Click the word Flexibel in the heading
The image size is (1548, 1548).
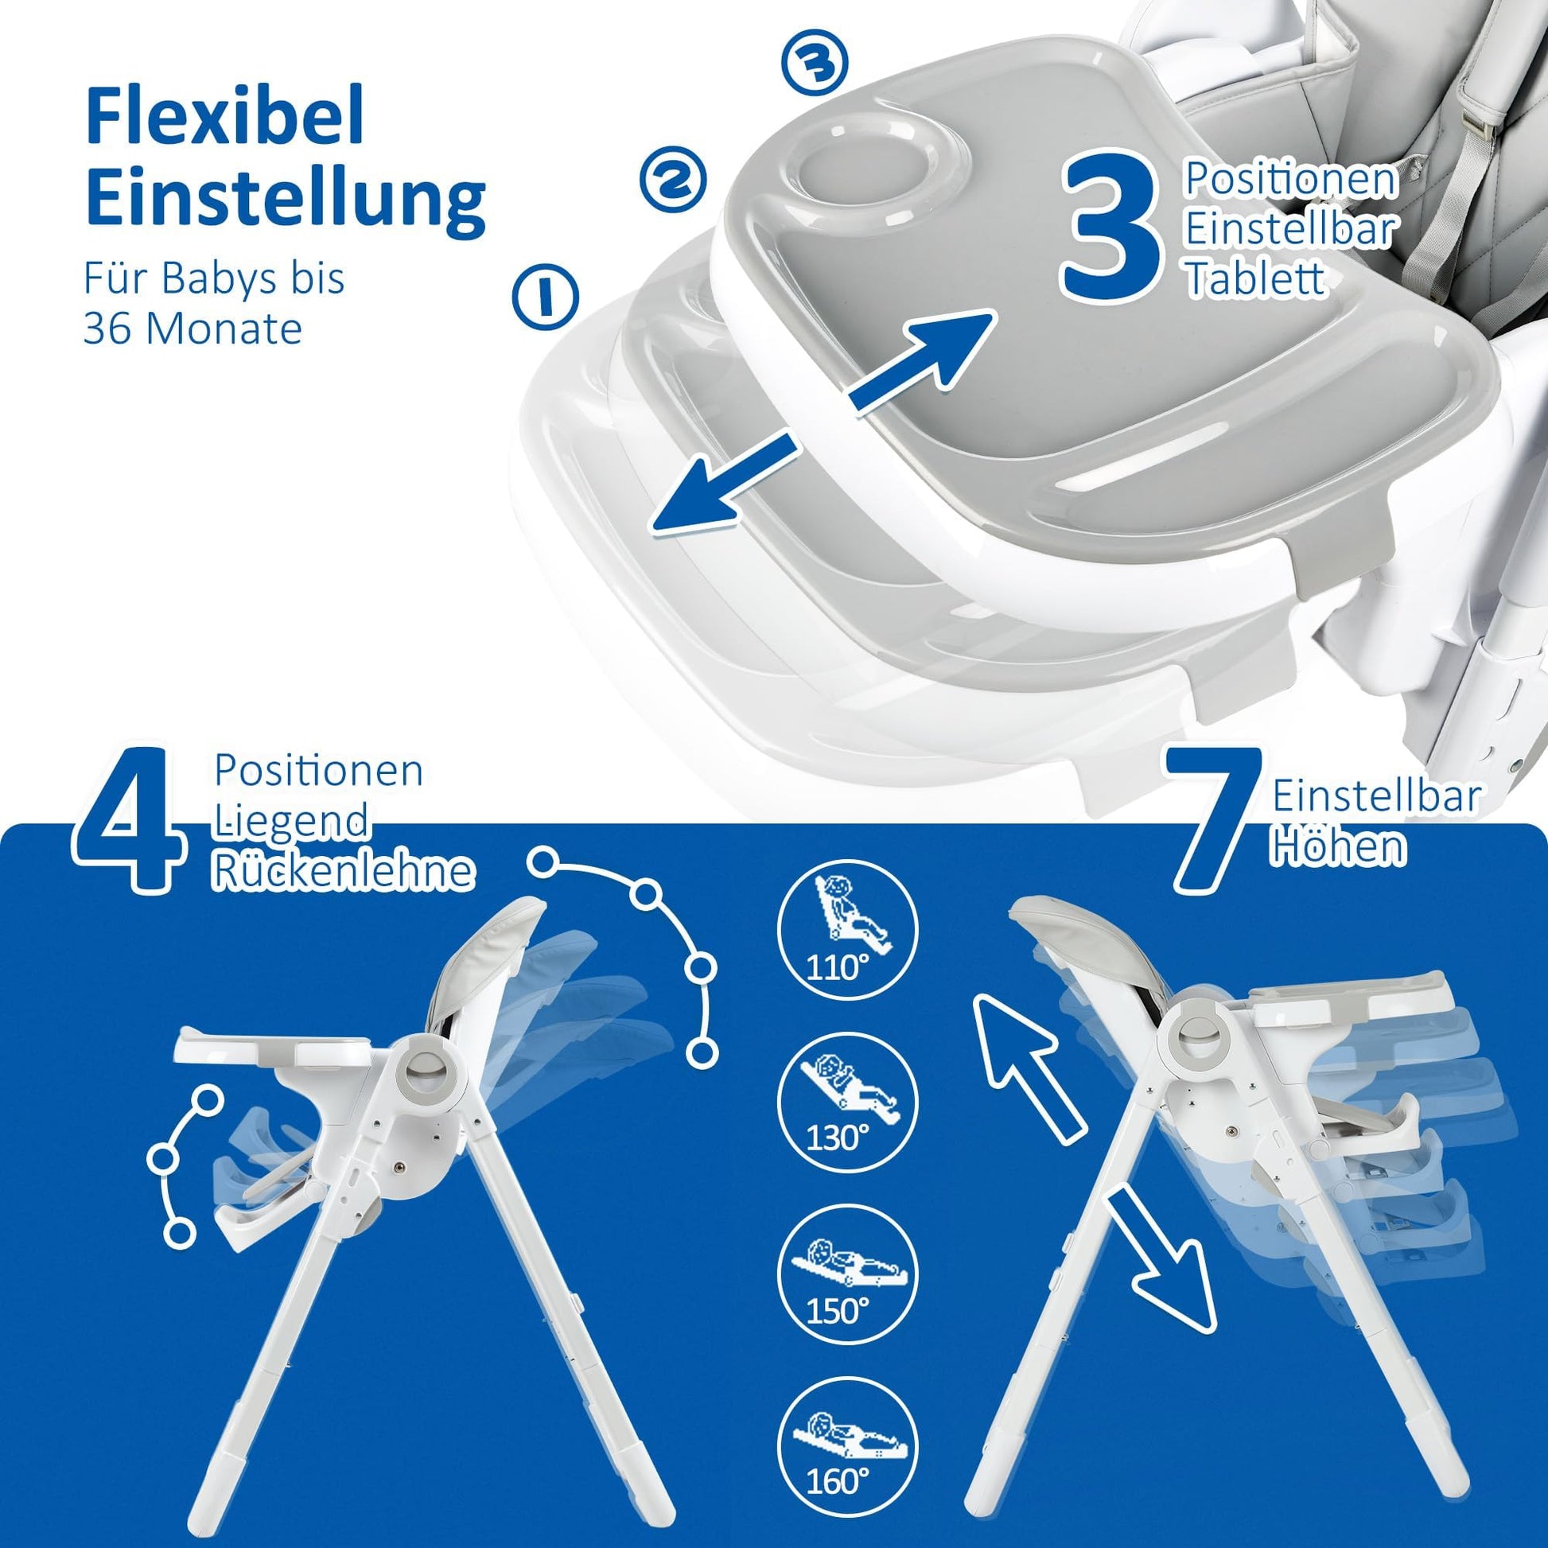coord(225,118)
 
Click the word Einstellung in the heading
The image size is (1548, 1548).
coord(286,198)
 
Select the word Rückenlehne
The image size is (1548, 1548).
coord(341,870)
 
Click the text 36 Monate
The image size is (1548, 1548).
coord(193,328)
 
